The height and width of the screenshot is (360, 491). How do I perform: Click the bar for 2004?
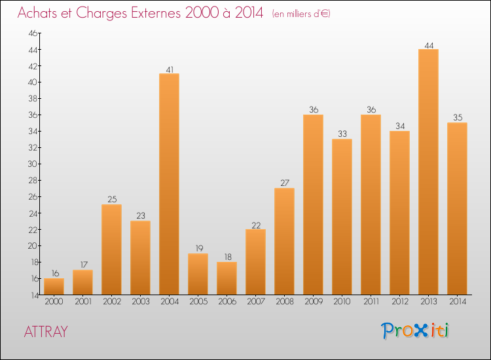click(169, 184)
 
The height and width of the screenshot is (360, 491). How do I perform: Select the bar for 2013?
click(428, 171)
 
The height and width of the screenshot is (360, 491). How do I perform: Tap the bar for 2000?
click(54, 286)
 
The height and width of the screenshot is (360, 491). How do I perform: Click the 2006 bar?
click(227, 278)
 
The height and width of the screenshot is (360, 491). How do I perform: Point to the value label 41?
click(169, 68)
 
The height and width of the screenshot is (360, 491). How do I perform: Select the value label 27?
click(284, 183)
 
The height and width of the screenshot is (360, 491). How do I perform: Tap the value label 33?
click(342, 134)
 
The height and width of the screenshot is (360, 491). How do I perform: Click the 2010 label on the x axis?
click(342, 302)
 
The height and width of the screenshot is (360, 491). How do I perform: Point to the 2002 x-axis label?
click(111, 302)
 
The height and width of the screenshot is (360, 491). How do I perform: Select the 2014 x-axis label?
click(457, 302)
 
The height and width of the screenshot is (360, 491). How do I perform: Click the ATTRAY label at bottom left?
click(45, 331)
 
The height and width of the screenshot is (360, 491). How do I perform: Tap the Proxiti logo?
click(415, 331)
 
